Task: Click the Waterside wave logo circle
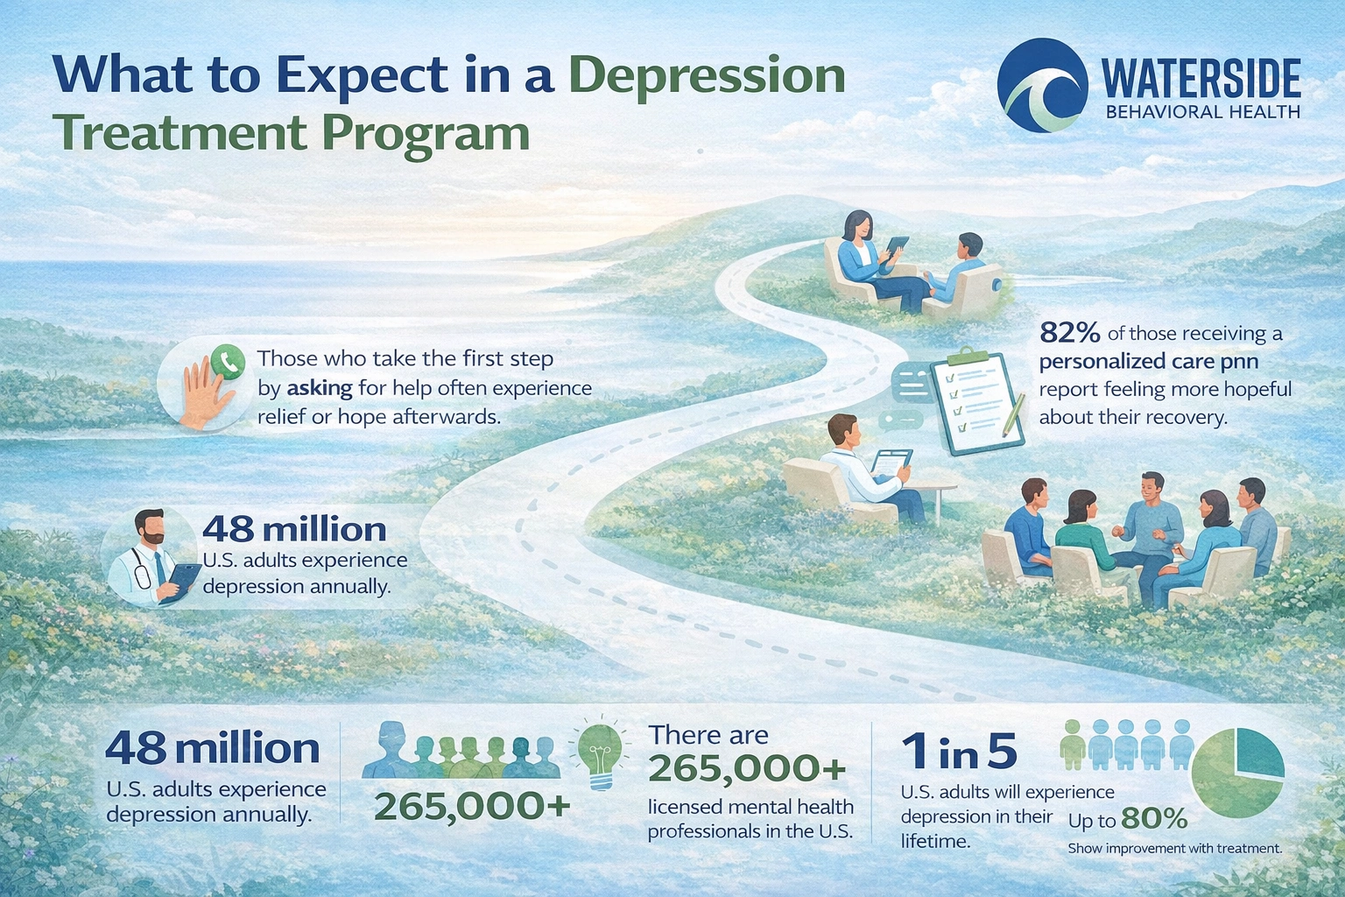tap(1043, 85)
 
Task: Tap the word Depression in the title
tap(707, 75)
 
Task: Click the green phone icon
tap(229, 361)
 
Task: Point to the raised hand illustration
tap(203, 397)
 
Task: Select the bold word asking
tap(320, 387)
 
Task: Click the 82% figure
tap(1069, 333)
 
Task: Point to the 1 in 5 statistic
tap(959, 751)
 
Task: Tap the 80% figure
tap(1153, 819)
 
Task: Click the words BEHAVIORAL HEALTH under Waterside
tap(1202, 112)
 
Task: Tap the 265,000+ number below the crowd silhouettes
tap(471, 806)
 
